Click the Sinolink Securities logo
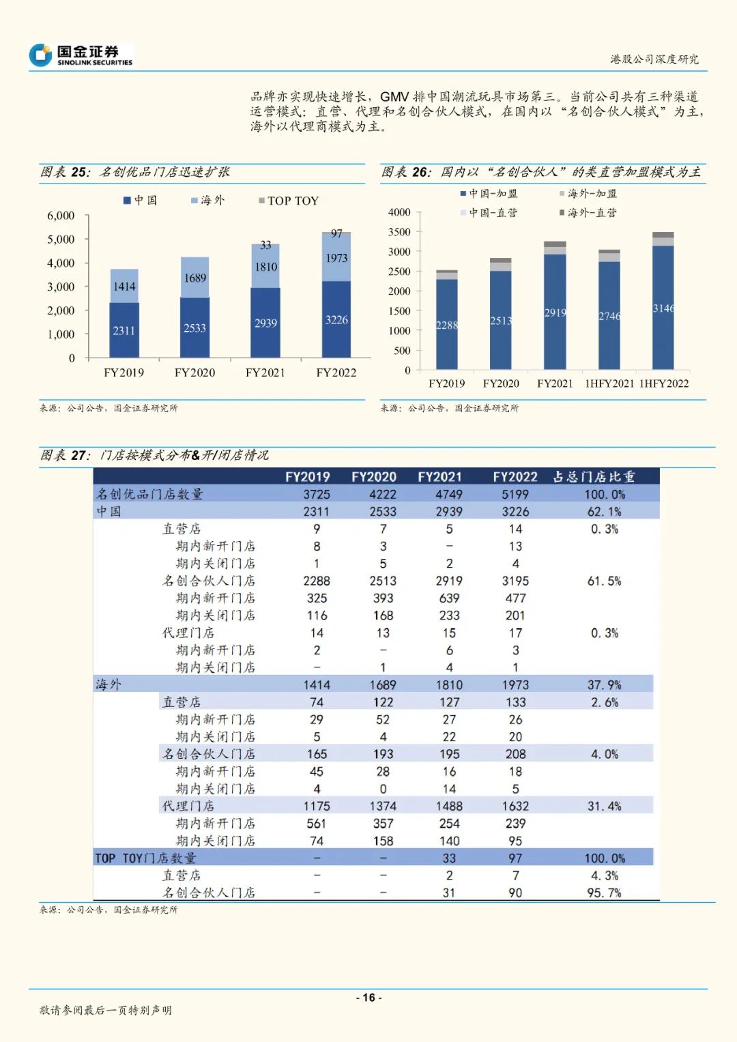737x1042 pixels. click(x=81, y=55)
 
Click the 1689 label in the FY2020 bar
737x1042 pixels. click(x=194, y=278)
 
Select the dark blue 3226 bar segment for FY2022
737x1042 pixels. click(x=336, y=319)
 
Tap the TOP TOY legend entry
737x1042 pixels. click(x=289, y=201)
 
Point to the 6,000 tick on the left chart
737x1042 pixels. click(x=61, y=216)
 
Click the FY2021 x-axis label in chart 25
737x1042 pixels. click(x=265, y=373)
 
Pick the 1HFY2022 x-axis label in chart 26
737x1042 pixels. click(x=664, y=383)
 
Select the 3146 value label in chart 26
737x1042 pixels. click(x=663, y=308)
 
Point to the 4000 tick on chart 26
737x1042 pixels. click(x=399, y=212)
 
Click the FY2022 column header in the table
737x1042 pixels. click(x=515, y=476)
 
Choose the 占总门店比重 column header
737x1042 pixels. click(x=594, y=476)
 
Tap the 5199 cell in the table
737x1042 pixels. click(x=515, y=494)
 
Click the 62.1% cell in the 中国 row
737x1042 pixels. click(x=604, y=512)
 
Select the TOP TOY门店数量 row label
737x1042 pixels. click(x=145, y=858)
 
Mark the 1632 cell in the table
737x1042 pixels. click(x=515, y=806)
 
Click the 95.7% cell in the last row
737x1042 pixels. click(x=604, y=893)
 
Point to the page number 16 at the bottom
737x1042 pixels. click(x=369, y=998)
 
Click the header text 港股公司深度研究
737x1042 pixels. click(x=654, y=59)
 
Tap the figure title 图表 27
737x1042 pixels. click(x=65, y=455)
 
